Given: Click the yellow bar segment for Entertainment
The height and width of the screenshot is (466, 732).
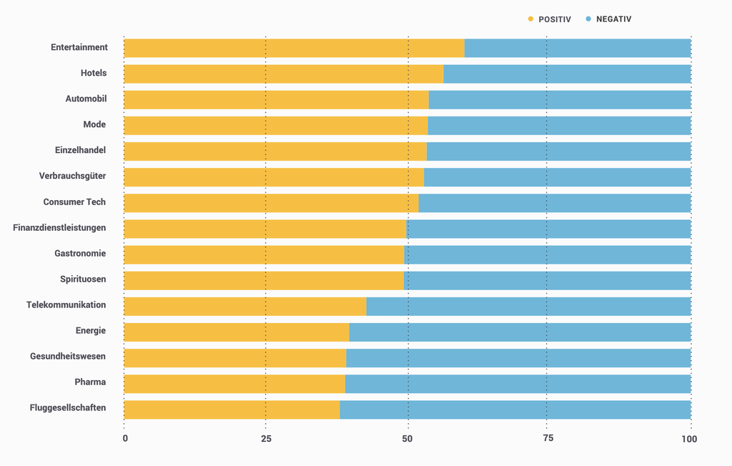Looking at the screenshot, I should (294, 48).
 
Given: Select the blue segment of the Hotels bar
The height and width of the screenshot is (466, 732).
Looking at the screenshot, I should (567, 74).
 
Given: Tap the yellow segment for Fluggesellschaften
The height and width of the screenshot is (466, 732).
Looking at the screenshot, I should (232, 410).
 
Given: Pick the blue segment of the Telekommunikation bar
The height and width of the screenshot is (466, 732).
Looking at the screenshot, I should (528, 307).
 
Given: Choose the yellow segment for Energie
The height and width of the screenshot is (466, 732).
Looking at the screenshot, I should (237, 332).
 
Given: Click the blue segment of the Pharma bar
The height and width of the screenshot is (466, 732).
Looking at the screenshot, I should (518, 384).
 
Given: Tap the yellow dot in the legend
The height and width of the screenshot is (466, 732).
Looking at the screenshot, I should (530, 19).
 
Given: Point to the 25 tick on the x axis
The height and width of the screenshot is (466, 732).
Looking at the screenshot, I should (266, 439).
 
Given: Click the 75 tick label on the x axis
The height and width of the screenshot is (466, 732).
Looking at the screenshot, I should (547, 439).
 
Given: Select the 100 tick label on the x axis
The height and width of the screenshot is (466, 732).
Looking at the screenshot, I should (688, 439).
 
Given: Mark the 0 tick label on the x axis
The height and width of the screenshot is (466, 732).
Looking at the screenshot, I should (125, 439).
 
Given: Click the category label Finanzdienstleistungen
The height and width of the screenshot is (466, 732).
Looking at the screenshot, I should (59, 228).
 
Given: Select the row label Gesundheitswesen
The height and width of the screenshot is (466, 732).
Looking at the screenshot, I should (68, 357).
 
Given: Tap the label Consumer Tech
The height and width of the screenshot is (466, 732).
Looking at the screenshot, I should (74, 202).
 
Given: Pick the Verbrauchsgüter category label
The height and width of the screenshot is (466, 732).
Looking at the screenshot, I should (72, 177).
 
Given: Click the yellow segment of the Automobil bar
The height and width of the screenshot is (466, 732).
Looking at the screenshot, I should (276, 99).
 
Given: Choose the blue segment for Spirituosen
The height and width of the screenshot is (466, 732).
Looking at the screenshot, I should (547, 281).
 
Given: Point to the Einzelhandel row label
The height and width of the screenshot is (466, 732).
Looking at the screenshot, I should (80, 151).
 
